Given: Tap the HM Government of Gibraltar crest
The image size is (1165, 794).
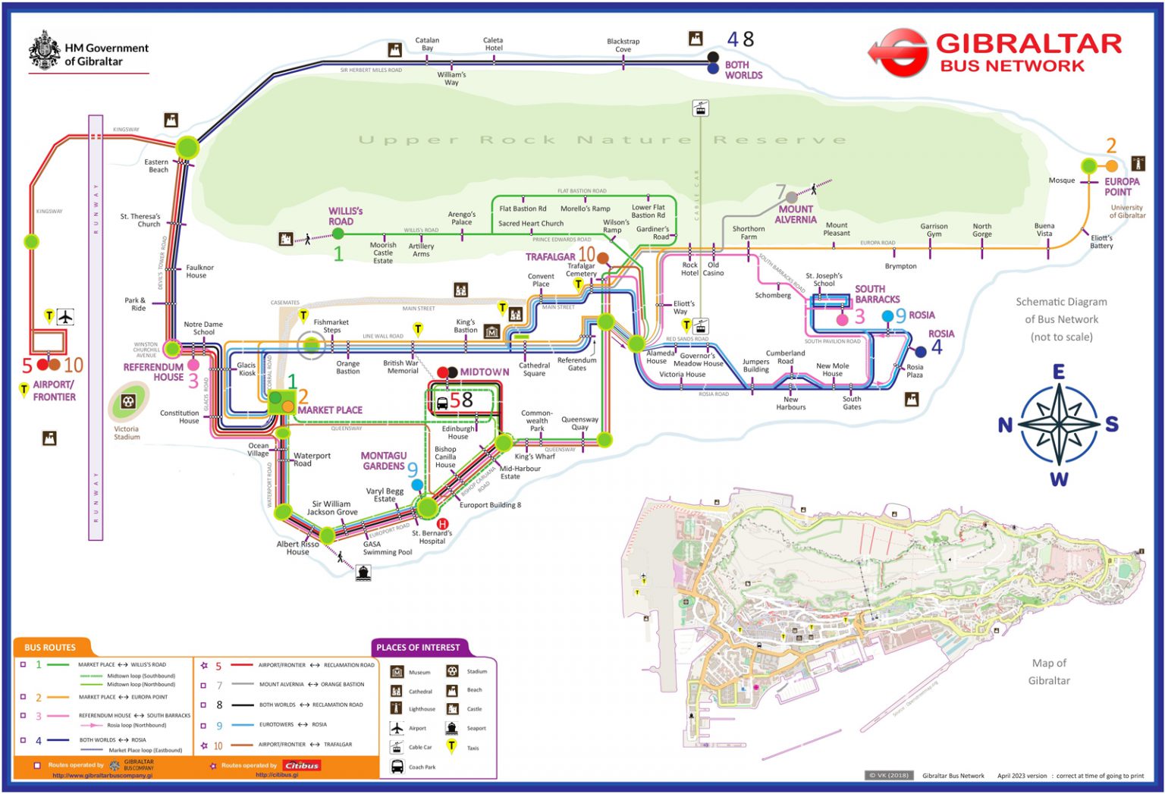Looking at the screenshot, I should pyautogui.click(x=44, y=51).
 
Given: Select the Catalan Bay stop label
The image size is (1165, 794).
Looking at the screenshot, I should pyautogui.click(x=427, y=44).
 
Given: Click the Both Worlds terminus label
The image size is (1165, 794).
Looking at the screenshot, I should pyautogui.click(x=743, y=70).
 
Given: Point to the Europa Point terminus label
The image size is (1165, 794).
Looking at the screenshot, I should pyautogui.click(x=1121, y=187).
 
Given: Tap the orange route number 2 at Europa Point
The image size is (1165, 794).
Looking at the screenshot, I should pyautogui.click(x=1111, y=146).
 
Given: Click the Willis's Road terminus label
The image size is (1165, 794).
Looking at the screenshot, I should pyautogui.click(x=345, y=216).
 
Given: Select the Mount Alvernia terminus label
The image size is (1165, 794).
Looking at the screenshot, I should pyautogui.click(x=795, y=215).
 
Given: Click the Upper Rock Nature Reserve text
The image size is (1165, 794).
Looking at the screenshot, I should pyautogui.click(x=602, y=140).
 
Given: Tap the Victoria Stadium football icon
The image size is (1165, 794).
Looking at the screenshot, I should pyautogui.click(x=127, y=401).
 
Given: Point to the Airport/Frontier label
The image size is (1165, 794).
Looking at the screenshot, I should pyautogui.click(x=54, y=391).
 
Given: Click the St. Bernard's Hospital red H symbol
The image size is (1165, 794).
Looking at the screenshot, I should pyautogui.click(x=443, y=523).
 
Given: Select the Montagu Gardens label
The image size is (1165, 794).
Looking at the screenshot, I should pyautogui.click(x=383, y=461).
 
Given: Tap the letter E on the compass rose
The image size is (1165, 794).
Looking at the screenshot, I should pyautogui.click(x=1058, y=372).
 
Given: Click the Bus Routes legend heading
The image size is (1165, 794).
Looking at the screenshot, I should pyautogui.click(x=50, y=647).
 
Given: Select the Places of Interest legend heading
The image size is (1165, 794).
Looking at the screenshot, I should pyautogui.click(x=418, y=647).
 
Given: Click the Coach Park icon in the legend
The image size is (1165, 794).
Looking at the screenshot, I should pyautogui.click(x=397, y=767).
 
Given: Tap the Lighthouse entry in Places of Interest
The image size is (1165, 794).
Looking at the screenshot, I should pyautogui.click(x=422, y=709).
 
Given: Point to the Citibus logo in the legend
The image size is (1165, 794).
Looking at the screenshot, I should pyautogui.click(x=301, y=765).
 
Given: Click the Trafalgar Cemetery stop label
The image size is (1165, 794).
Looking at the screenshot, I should pyautogui.click(x=581, y=270).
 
